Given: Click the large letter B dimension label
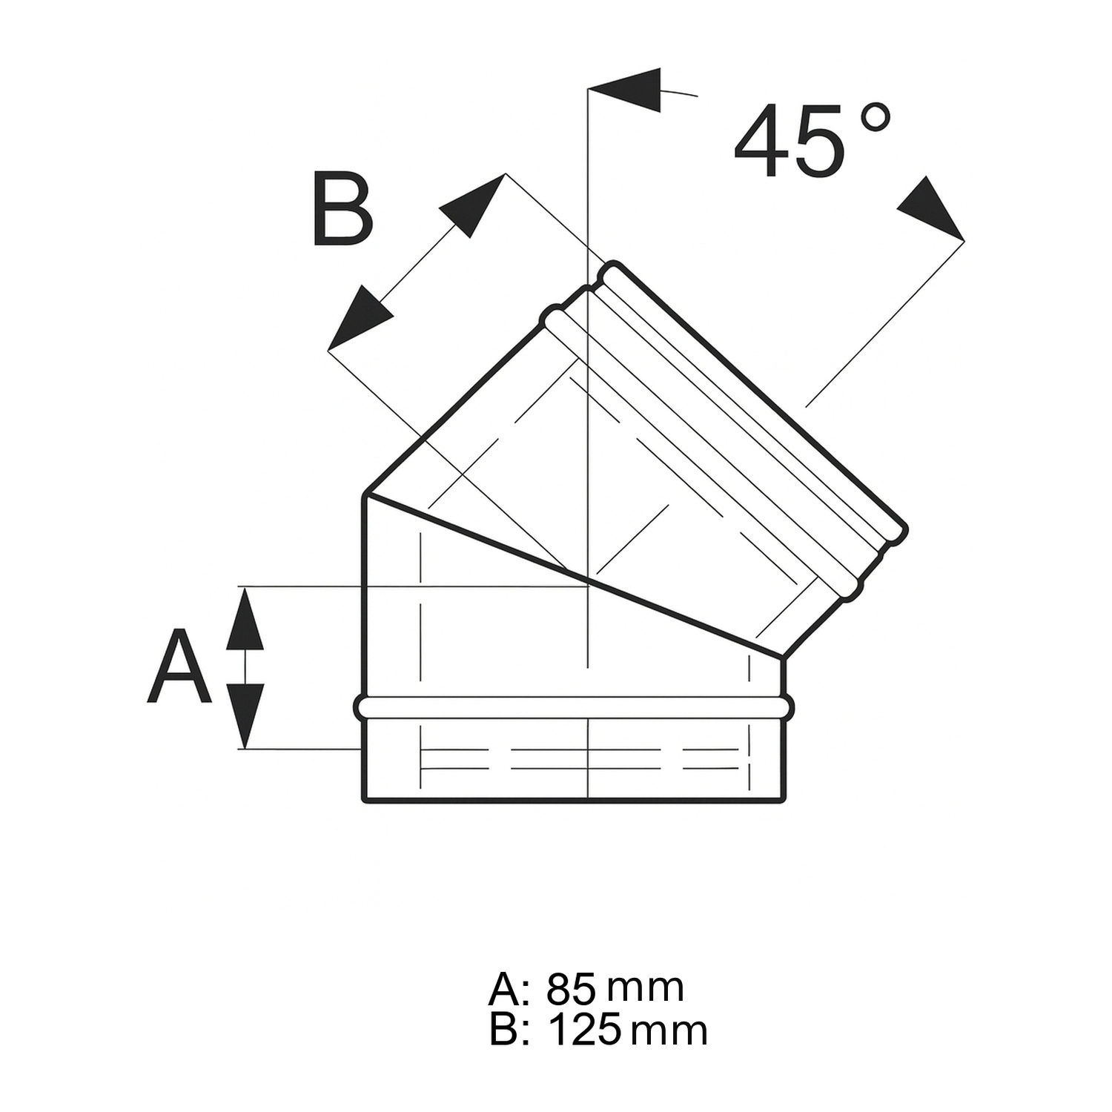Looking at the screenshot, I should [x=342, y=210].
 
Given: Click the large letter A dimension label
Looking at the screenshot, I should [x=179, y=667].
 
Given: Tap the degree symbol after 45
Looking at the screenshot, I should [x=876, y=118].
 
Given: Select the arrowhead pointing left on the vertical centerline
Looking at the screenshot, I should [x=627, y=90].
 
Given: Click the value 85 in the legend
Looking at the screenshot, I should [x=571, y=988].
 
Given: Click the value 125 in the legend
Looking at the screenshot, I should [x=584, y=1030].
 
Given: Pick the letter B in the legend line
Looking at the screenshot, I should [x=503, y=1030].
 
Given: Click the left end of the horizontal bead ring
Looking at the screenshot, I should [x=359, y=707].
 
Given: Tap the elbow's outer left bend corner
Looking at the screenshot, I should [x=365, y=494].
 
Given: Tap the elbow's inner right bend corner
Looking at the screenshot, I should [x=783, y=658].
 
